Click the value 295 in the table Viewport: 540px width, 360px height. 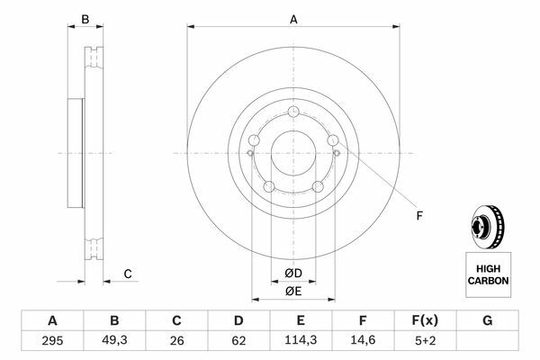pos(52,341)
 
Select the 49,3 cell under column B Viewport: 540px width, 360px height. pos(114,340)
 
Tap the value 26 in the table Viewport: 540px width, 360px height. pos(176,341)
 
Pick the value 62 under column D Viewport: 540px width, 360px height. pos(238,341)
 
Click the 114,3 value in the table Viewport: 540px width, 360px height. pos(301,340)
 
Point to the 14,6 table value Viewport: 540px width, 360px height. pos(363,340)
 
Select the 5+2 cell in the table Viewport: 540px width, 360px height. pos(426,341)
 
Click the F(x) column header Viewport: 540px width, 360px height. pos(425,320)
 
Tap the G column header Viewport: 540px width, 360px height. pos(487,320)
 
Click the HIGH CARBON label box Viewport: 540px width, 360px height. pos(489,274)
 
